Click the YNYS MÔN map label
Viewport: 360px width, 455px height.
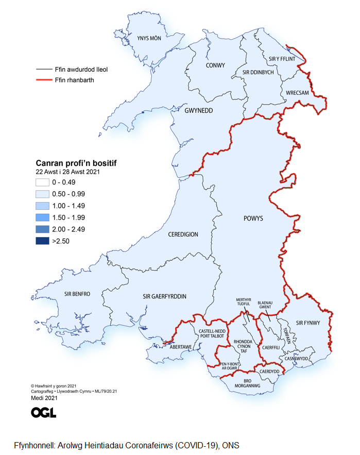point(149,38)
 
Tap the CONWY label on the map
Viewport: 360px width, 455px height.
point(215,66)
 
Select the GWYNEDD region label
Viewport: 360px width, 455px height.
point(199,110)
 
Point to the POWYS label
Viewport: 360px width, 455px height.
point(253,218)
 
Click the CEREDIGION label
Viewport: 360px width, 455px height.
point(183,234)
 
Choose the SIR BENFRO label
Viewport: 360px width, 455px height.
point(77,294)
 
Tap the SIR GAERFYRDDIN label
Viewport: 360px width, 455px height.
point(164,296)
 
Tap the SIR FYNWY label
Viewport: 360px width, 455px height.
point(308,323)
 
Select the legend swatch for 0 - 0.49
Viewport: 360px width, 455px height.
point(42,182)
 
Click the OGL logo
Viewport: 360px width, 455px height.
point(43,412)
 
